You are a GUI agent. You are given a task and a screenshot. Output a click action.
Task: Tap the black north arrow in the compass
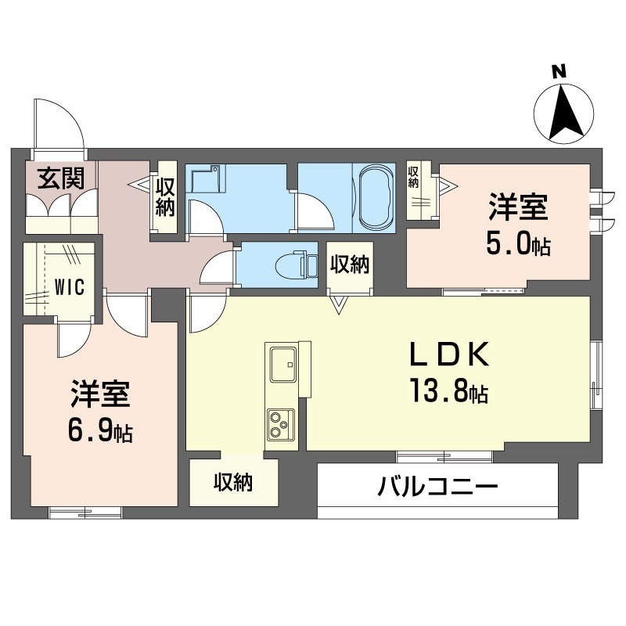pyautogui.click(x=566, y=111)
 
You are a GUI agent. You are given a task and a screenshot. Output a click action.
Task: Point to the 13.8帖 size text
pyautogui.click(x=445, y=390)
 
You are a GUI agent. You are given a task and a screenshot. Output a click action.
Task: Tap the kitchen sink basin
pyautogui.click(x=282, y=362)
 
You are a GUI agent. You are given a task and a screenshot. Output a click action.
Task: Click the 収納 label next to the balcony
pyautogui.click(x=234, y=484)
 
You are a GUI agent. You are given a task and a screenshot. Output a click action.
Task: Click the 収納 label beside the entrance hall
pyautogui.click(x=164, y=198)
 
